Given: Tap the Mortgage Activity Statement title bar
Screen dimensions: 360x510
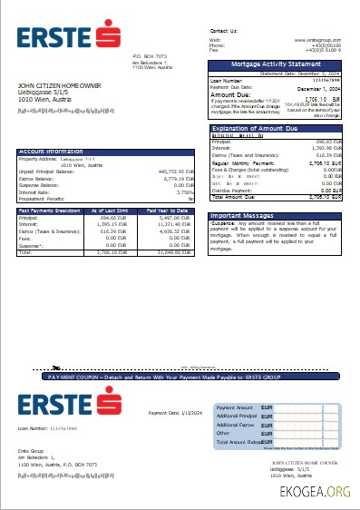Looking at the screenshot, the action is pos(276,64).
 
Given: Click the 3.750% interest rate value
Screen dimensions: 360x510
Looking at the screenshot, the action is pos(185,192).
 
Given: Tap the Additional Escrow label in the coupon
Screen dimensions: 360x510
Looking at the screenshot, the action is pos(235,424).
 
